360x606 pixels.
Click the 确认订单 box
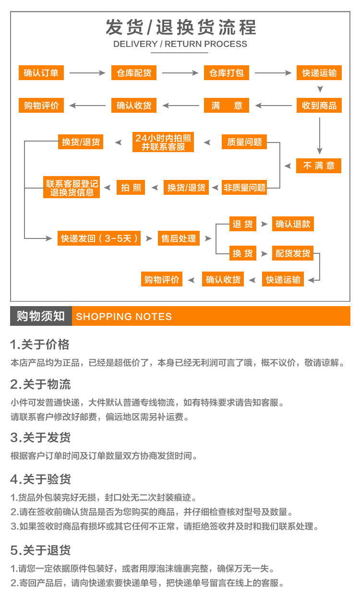click(41, 73)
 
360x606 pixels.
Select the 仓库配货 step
click(134, 73)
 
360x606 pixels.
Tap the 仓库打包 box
click(226, 73)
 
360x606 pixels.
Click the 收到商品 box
click(319, 105)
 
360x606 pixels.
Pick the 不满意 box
click(319, 166)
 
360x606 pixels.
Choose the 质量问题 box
click(244, 142)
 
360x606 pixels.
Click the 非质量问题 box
click(244, 187)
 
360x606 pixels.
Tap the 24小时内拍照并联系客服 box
click(163, 142)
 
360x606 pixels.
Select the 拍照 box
click(131, 187)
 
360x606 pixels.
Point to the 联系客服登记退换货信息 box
click(72, 187)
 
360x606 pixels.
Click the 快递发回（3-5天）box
click(99, 238)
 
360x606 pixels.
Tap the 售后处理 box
click(179, 238)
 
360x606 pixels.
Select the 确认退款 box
click(293, 224)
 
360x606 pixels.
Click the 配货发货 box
click(293, 253)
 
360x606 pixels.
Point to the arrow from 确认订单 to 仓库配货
click(87, 73)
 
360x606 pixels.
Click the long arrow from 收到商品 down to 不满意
click(320, 136)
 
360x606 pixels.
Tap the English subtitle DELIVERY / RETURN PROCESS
click(180, 44)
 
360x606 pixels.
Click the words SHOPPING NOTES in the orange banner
click(124, 316)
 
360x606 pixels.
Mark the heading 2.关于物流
click(41, 384)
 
